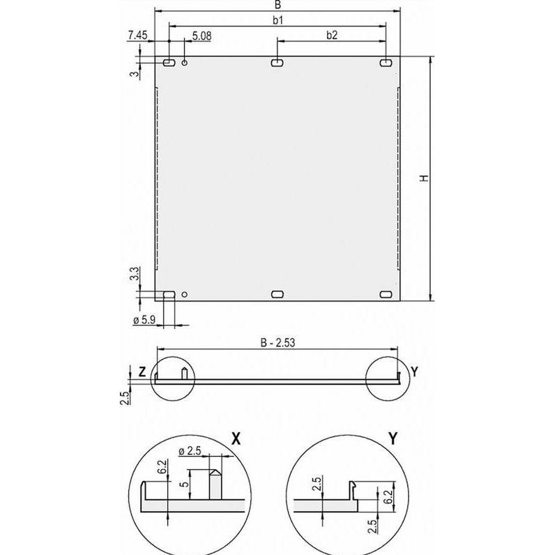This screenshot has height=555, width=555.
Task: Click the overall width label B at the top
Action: coord(277,4)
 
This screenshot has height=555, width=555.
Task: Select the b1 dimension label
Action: coord(277,20)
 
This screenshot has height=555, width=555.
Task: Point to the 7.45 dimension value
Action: coord(137,35)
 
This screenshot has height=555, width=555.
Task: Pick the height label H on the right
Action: coord(423,179)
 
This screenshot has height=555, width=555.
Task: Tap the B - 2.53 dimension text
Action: coord(277,342)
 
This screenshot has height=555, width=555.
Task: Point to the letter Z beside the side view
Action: coord(142,372)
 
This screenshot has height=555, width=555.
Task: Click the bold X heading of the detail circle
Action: coord(236,438)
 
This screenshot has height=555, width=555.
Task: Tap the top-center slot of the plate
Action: coord(277,63)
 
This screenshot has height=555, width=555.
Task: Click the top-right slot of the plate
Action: coord(386,63)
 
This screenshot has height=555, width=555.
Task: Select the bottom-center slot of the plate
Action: coord(277,295)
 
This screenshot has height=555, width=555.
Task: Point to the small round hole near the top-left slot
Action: coord(185,63)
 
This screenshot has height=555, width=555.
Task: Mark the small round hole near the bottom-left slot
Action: coord(184,295)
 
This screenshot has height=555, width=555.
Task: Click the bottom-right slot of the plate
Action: coord(386,295)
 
